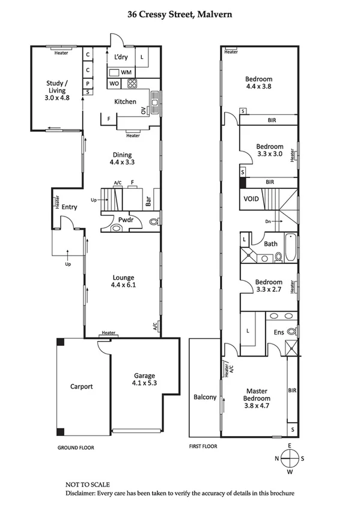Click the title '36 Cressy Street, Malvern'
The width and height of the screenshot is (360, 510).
tap(180, 13)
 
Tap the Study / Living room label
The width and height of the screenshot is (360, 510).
tap(58, 90)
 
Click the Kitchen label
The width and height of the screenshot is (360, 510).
tap(125, 102)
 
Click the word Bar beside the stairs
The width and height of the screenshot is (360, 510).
tap(148, 199)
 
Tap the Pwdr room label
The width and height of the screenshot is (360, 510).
tap(126, 221)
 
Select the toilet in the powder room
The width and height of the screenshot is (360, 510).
tap(153, 222)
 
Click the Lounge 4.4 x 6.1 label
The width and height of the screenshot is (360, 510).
tap(123, 281)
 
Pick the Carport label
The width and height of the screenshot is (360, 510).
tap(81, 387)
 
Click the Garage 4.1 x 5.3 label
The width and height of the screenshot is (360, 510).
tap(144, 379)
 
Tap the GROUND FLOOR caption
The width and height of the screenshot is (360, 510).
tap(76, 447)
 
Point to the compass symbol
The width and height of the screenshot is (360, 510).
tap(289, 458)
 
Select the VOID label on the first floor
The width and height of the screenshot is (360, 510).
tap(251, 198)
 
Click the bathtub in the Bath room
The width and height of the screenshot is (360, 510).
tap(290, 247)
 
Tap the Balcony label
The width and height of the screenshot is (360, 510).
tap(205, 397)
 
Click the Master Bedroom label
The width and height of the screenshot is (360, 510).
tap(257, 394)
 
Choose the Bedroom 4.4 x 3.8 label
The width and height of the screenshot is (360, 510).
tap(258, 82)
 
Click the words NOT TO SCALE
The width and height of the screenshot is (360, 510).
tap(87, 484)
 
